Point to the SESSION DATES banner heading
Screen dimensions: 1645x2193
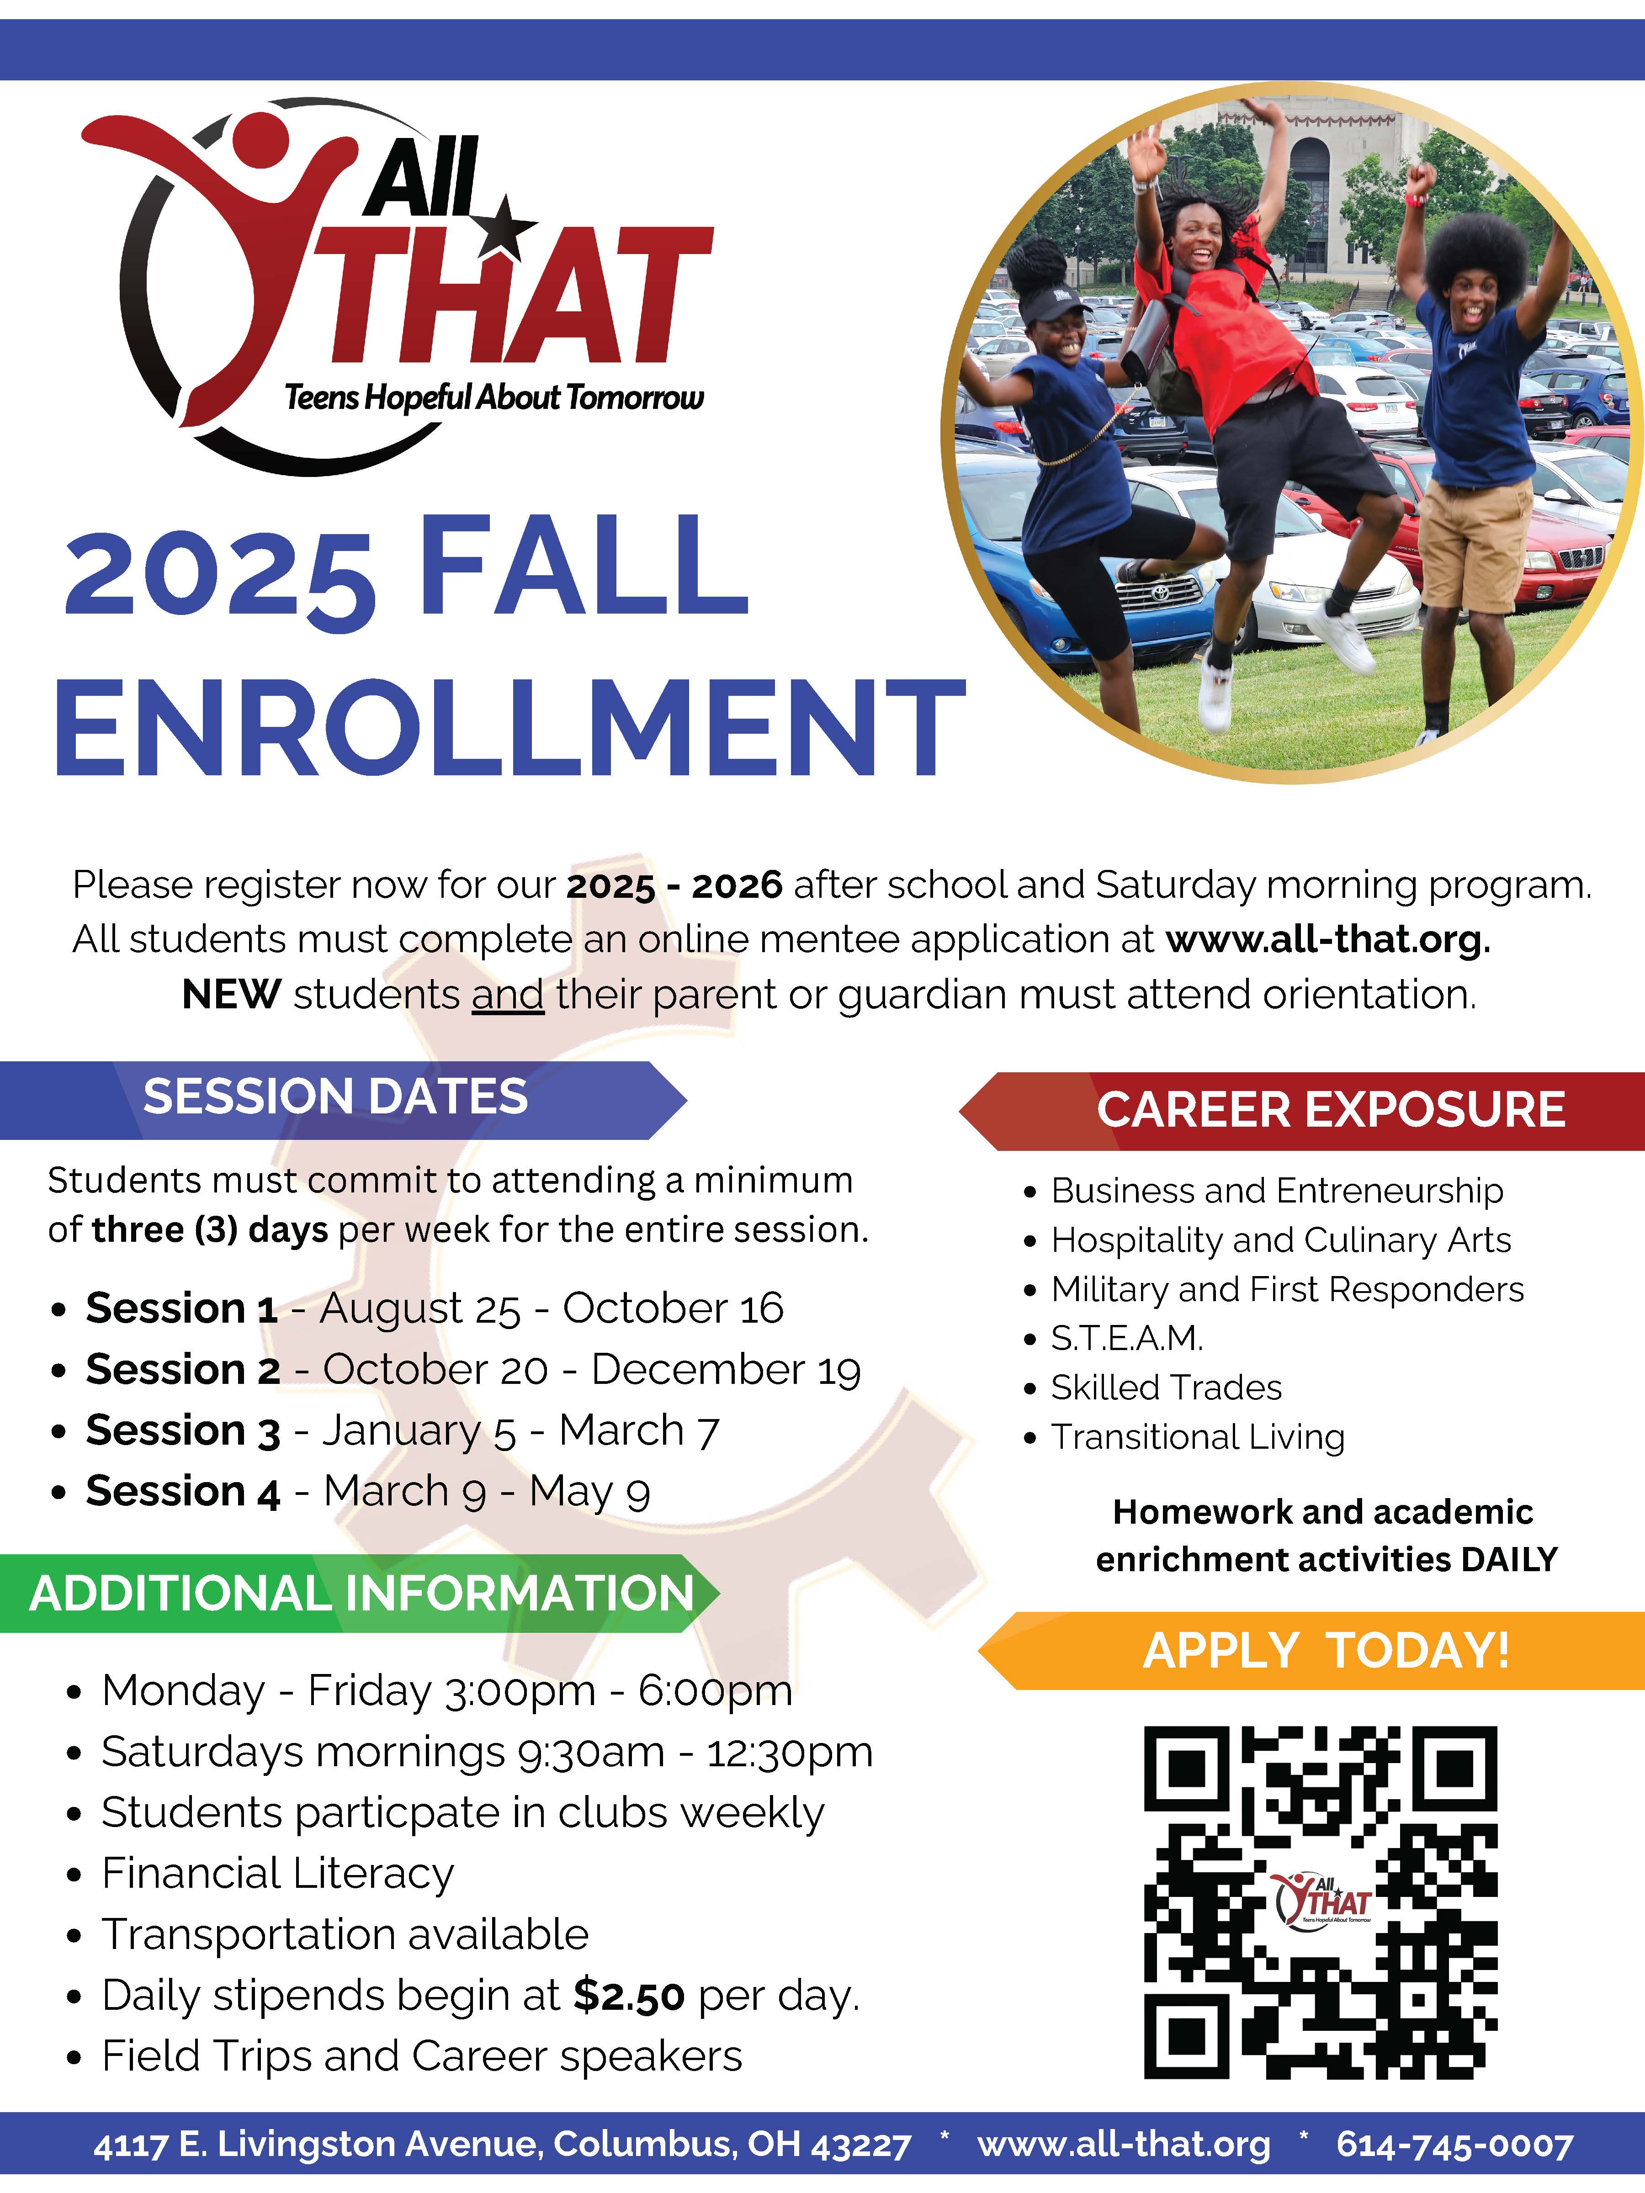coord(335,1096)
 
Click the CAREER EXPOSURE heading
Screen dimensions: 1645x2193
coord(1331,1109)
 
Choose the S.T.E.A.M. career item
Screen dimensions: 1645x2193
coord(1127,1338)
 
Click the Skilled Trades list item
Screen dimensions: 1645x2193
coord(1166,1388)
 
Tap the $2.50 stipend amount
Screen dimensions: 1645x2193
coord(629,1996)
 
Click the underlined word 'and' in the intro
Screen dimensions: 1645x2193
coord(508,994)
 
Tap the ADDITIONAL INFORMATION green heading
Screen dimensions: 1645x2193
coord(362,1593)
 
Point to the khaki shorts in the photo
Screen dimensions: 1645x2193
coord(1475,543)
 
